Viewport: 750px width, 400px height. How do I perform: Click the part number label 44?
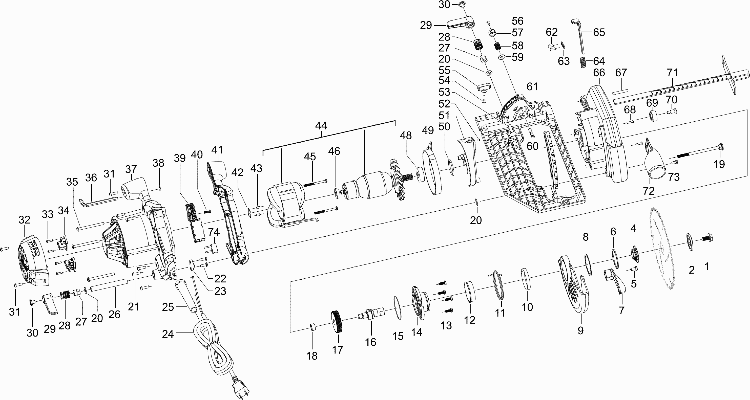click(321, 126)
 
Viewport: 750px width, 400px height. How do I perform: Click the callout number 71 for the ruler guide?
click(672, 72)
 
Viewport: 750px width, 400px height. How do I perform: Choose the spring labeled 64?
click(582, 62)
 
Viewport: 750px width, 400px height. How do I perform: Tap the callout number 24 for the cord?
click(168, 334)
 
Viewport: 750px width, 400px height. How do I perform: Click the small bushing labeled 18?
click(313, 327)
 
